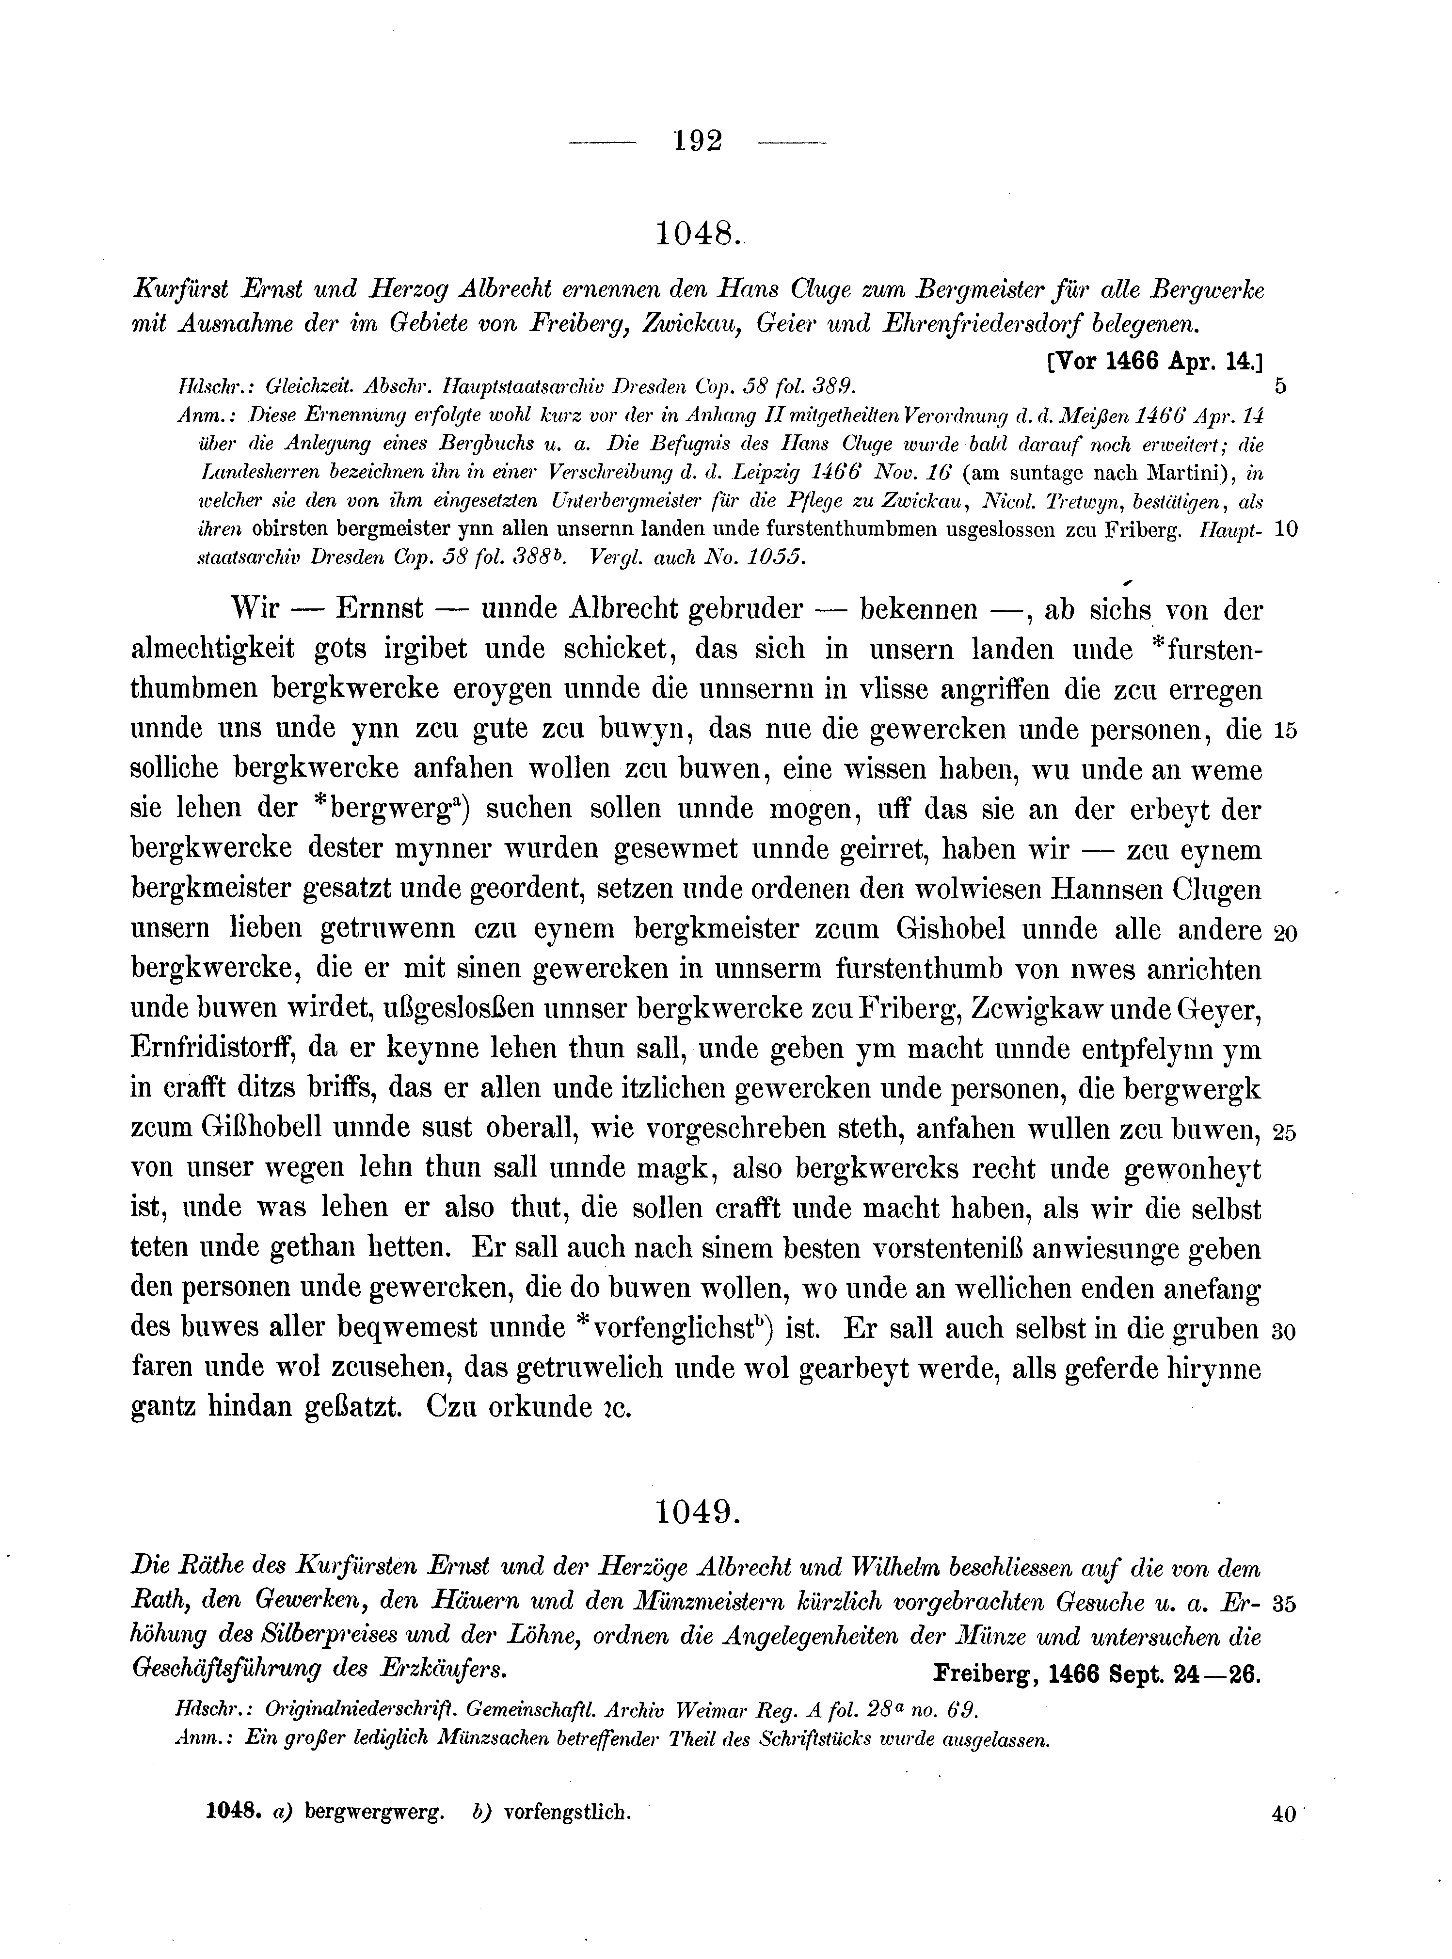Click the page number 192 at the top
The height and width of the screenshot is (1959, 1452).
[x=698, y=141]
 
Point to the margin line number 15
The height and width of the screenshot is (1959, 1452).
[x=1284, y=731]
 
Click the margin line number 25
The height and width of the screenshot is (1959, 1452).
[x=1284, y=1133]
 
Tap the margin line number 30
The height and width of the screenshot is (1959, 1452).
[x=1284, y=1332]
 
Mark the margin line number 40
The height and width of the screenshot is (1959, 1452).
[x=1284, y=1814]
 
